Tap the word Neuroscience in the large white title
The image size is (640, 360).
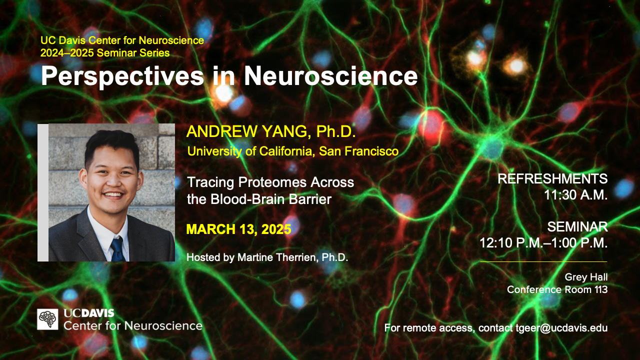click(x=331, y=75)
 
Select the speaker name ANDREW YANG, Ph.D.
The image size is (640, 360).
click(x=271, y=131)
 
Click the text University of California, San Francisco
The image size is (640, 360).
click(x=293, y=151)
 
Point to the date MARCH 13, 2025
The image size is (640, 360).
click(x=239, y=229)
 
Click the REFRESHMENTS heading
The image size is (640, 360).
click(x=552, y=179)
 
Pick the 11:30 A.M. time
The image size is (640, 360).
click(x=575, y=195)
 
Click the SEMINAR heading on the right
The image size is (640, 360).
click(x=577, y=227)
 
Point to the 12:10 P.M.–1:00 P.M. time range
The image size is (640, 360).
click(x=543, y=243)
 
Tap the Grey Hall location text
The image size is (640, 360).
click(x=586, y=277)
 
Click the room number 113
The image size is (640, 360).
click(x=601, y=289)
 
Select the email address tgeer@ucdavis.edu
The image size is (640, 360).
click(x=561, y=328)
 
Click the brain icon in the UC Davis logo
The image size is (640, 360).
click(x=47, y=319)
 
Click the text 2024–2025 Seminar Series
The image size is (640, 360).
click(x=105, y=53)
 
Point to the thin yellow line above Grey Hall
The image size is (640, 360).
click(x=543, y=261)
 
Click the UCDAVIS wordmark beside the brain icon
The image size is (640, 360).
click(x=89, y=313)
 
